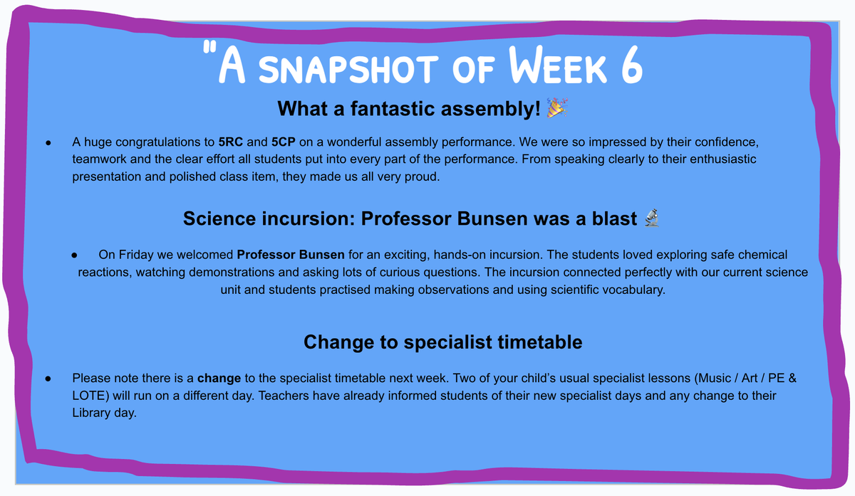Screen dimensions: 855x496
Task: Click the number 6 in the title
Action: click(632, 65)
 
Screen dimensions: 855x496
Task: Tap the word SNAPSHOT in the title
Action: click(348, 69)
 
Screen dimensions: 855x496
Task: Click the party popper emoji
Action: click(557, 108)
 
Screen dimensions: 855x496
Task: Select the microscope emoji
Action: click(652, 218)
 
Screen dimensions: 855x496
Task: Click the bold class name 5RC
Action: click(231, 142)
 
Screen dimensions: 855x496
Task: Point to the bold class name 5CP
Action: click(284, 142)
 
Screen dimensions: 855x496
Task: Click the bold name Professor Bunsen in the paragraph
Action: click(291, 255)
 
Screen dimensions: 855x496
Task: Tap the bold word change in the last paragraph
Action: click(219, 378)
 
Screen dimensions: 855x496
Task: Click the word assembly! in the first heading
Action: click(490, 109)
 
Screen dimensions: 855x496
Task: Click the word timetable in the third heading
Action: click(540, 342)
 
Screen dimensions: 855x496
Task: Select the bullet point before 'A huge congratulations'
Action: click(48, 143)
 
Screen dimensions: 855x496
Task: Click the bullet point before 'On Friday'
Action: click(74, 255)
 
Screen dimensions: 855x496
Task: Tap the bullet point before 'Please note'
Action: click(48, 379)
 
